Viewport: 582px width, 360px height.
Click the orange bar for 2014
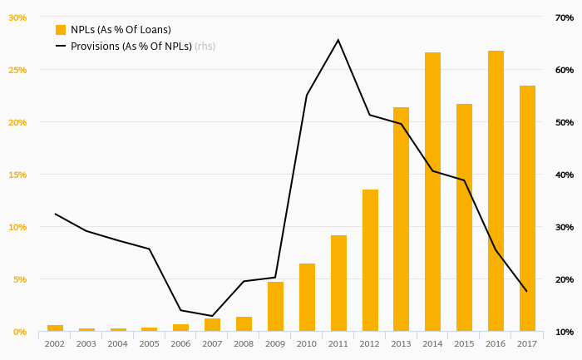pos(432,191)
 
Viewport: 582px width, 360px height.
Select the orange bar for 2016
pos(496,190)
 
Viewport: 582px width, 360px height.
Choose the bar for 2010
pos(307,297)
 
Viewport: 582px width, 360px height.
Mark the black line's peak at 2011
pos(338,40)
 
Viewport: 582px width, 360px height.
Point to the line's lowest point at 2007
pos(212,316)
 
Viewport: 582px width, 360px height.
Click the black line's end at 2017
pos(527,291)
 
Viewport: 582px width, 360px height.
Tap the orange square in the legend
pos(61,29)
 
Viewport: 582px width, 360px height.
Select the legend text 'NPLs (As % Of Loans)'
pos(121,29)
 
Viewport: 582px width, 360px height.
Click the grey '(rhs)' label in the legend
pos(205,47)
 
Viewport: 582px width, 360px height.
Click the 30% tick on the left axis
pos(17,17)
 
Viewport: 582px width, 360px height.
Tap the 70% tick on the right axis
pos(565,17)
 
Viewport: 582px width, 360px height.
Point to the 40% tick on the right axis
pos(565,175)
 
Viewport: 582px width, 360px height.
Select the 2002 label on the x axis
pos(55,343)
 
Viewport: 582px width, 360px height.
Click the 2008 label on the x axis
pos(244,343)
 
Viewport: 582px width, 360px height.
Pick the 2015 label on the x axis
pos(464,343)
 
